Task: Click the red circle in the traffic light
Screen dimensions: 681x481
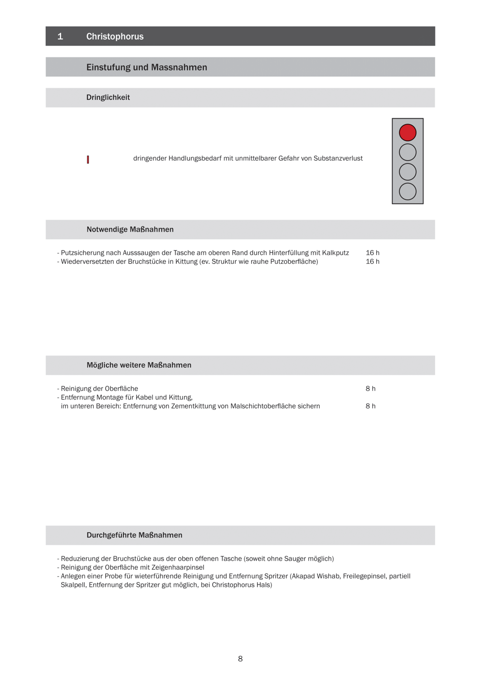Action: (408, 133)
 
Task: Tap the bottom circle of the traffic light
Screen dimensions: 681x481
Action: (408, 192)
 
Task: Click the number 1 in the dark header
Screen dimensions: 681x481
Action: (60, 36)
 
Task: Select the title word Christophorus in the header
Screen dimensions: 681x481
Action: (115, 36)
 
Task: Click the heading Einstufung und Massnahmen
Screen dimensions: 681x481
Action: (146, 67)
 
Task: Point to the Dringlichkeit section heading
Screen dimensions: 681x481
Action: (108, 98)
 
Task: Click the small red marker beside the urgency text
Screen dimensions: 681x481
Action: (88, 159)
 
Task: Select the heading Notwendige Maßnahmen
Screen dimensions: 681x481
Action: (130, 230)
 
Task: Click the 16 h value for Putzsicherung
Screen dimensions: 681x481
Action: (372, 253)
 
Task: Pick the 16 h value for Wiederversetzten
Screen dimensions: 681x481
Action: (372, 262)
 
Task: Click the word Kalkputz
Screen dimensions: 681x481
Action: (335, 253)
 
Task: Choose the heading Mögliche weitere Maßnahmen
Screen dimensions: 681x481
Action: (139, 365)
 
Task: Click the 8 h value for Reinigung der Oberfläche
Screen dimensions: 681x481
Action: (370, 389)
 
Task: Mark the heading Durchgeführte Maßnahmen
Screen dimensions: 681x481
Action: (134, 535)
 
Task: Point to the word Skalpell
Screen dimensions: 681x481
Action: (73, 585)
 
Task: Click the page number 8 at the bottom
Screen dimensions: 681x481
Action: (240, 659)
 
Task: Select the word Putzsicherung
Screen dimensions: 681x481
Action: (82, 253)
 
